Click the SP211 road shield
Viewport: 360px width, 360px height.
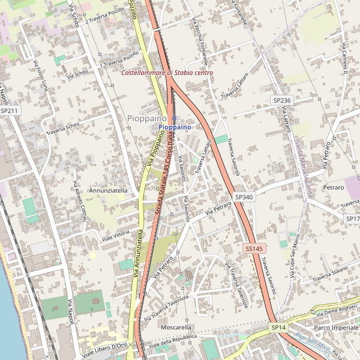pyautogui.click(x=10, y=110)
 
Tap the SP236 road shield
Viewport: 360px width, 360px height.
pyautogui.click(x=281, y=100)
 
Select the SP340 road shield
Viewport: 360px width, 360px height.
pyautogui.click(x=244, y=197)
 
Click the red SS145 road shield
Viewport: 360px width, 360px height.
pyautogui.click(x=254, y=248)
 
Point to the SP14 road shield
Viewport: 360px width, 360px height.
pyautogui.click(x=278, y=328)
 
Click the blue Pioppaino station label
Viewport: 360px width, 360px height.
pyautogui.click(x=175, y=128)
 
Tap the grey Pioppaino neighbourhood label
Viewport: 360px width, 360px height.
pyautogui.click(x=147, y=119)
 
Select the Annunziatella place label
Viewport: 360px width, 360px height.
pyautogui.click(x=109, y=190)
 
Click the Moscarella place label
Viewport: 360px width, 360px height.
pyautogui.click(x=176, y=328)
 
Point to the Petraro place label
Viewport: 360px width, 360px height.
pyautogui.click(x=333, y=188)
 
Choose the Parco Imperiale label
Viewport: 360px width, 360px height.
pyautogui.click(x=335, y=328)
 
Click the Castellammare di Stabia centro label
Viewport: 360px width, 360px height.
pyautogui.click(x=167, y=73)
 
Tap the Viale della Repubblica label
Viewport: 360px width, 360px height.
pyautogui.click(x=173, y=341)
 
